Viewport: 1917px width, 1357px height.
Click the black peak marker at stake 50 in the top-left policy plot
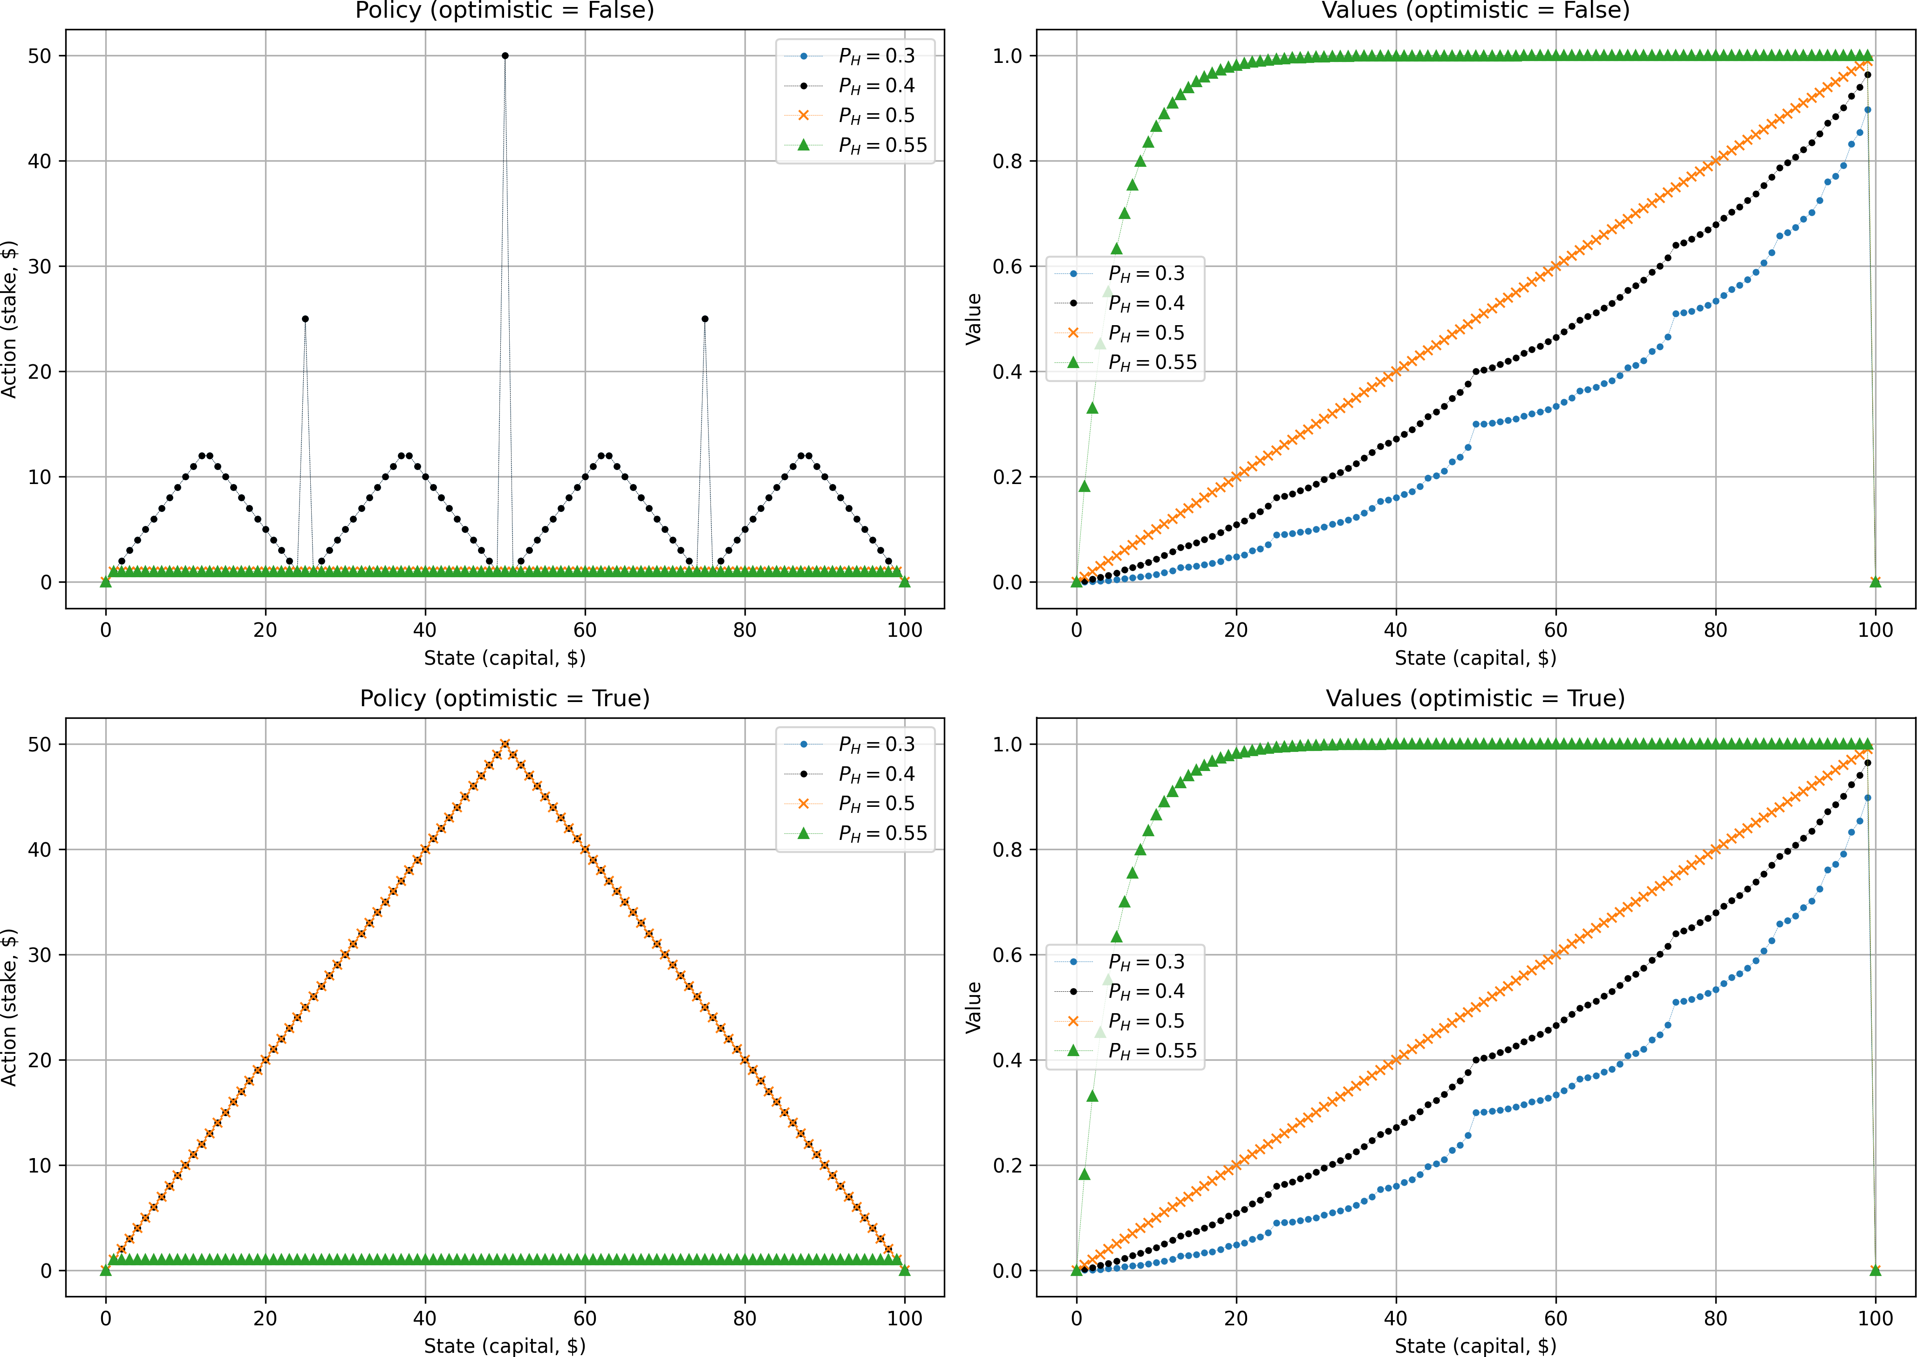click(x=505, y=56)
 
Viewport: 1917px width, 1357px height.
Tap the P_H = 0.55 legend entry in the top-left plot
click(x=881, y=145)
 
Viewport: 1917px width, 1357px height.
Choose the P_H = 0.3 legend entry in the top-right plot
click(x=1145, y=273)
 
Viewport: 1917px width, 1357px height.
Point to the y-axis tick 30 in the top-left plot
click(x=39, y=266)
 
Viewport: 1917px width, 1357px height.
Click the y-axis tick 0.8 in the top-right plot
click(x=1007, y=161)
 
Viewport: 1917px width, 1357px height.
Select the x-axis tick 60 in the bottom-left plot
click(x=585, y=1318)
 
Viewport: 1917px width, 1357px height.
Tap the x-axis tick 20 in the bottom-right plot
click(x=1236, y=1318)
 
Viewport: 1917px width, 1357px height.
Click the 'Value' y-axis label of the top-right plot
click(x=974, y=319)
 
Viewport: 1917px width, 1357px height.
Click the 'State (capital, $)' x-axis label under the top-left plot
click(x=505, y=658)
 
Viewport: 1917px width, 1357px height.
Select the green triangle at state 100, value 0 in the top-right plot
click(x=1875, y=581)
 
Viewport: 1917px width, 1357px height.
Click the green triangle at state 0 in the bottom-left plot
click(x=105, y=1270)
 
